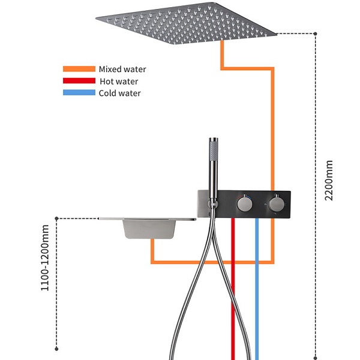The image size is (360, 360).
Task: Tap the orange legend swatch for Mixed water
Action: [x=79, y=70]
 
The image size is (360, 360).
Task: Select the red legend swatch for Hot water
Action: [x=79, y=81]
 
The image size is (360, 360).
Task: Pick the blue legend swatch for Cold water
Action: [x=79, y=93]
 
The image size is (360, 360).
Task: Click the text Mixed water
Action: [x=122, y=70]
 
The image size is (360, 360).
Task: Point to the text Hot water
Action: [x=119, y=81]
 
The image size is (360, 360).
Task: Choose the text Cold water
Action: [x=120, y=93]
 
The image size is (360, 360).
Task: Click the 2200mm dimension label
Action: [x=329, y=180]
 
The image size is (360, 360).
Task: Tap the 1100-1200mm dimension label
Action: [x=45, y=257]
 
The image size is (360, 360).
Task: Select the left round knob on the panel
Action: [x=244, y=205]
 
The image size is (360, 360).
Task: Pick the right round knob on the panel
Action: [x=276, y=205]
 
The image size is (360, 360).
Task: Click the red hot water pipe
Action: [x=233, y=288]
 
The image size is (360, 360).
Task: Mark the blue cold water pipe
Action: [x=257, y=288]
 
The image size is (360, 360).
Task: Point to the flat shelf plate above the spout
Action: [x=147, y=219]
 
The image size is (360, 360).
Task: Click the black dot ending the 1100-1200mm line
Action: [x=56, y=349]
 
